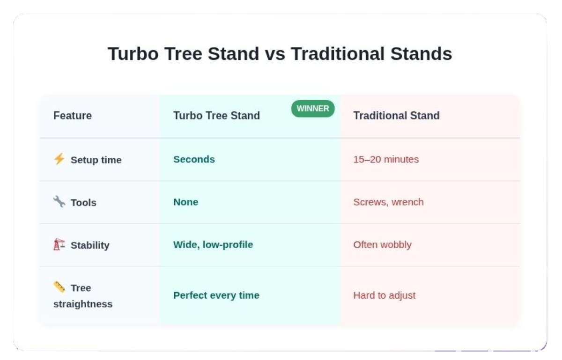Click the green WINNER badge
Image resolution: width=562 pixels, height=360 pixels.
coord(313,109)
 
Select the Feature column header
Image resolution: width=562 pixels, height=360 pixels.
coord(73,116)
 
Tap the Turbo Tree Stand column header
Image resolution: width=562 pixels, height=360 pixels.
coord(216,116)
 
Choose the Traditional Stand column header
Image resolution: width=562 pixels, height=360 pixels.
coord(396,116)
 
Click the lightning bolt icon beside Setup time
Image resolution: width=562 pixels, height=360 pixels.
coord(59,159)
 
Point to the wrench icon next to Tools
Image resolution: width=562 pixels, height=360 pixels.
coord(59,201)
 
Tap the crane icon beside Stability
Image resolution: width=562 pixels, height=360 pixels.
coord(59,244)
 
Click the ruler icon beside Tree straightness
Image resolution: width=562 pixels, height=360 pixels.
coord(59,287)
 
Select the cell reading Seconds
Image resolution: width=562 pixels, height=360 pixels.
coord(194,159)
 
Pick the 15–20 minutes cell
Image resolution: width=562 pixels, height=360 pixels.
coord(386,159)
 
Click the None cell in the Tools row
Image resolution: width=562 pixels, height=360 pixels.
coord(185,202)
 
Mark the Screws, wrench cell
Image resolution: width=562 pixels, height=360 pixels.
coord(388,202)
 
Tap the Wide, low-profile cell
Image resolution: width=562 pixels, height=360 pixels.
coord(213,245)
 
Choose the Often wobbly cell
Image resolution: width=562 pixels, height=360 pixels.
coord(382,245)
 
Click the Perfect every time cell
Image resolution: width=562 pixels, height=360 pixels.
coord(216,295)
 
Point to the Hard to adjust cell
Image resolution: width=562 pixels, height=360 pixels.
coord(385,295)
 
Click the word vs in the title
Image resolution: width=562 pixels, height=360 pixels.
coord(275,54)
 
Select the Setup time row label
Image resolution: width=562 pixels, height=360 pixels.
coord(96,160)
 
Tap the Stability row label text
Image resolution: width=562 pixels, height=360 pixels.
coord(90,245)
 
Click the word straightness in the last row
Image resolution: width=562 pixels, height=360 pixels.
coord(83,304)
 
